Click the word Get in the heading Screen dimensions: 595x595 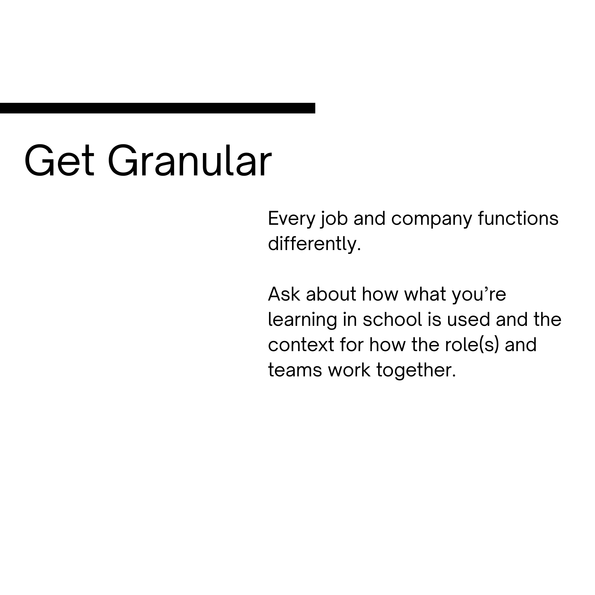pos(59,161)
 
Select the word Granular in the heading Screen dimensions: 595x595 pos(190,161)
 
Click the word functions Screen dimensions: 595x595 pos(518,219)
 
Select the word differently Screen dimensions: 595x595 pos(314,244)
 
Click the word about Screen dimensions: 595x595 pos(331,294)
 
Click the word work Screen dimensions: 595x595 pos(349,370)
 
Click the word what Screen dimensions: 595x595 pos(425,294)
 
